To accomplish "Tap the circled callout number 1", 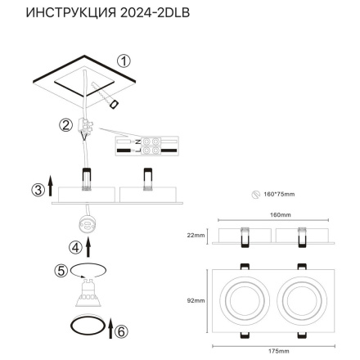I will [124, 60].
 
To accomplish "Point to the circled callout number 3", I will [37, 191].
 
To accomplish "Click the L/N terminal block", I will [137, 145].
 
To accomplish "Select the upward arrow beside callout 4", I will [89, 244].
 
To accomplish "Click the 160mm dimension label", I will [280, 214].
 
